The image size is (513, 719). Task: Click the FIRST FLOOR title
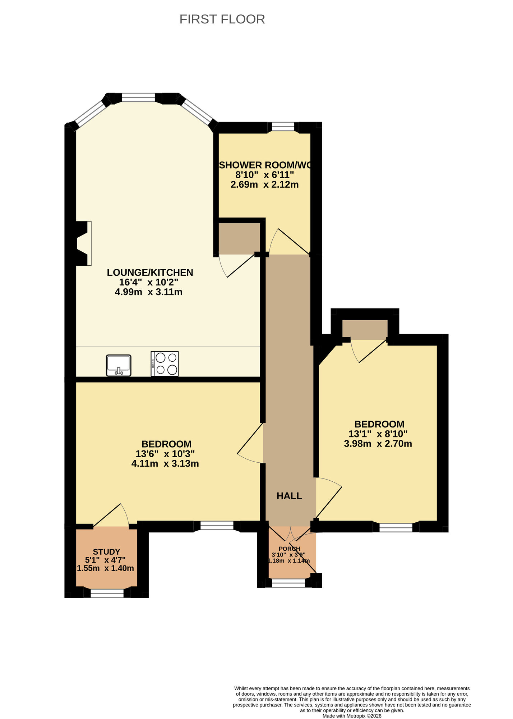222,19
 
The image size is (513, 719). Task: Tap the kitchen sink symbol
119,365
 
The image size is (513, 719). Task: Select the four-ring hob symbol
165,363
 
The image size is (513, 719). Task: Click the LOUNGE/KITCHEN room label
150,273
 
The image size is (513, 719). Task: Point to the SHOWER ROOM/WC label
265,165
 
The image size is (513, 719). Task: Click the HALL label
289,496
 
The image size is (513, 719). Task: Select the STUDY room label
106,552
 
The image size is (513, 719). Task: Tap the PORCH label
289,549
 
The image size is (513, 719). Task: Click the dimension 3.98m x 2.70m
378,444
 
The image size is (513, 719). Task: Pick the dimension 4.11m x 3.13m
165,464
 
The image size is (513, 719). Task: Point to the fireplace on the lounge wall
83,243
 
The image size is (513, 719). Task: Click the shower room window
283,127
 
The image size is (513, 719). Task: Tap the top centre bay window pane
138,97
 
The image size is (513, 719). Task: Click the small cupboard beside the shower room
239,237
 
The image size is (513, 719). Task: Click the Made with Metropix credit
352,716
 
